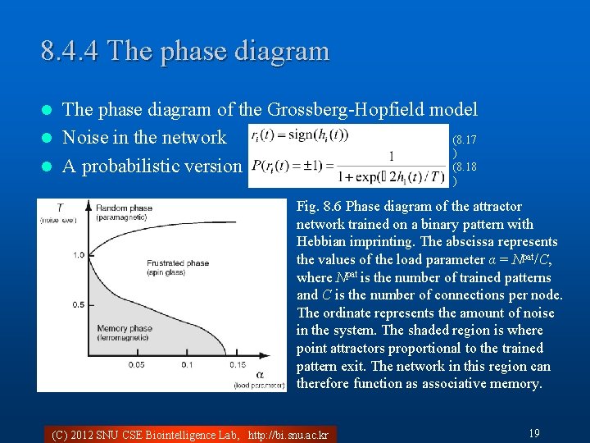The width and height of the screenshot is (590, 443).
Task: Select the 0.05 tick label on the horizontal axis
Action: pyautogui.click(x=138, y=365)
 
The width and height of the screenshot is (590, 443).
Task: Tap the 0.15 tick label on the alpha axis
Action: pyautogui.click(x=238, y=365)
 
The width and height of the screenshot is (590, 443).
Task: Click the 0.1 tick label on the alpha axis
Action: pyautogui.click(x=187, y=365)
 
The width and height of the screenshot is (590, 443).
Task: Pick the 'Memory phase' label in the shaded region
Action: pyautogui.click(x=124, y=329)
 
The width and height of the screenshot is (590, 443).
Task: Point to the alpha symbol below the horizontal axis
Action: pyautogui.click(x=260, y=374)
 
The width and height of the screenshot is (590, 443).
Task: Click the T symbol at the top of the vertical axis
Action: pyautogui.click(x=59, y=208)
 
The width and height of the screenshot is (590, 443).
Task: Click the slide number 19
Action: pyautogui.click(x=533, y=432)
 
